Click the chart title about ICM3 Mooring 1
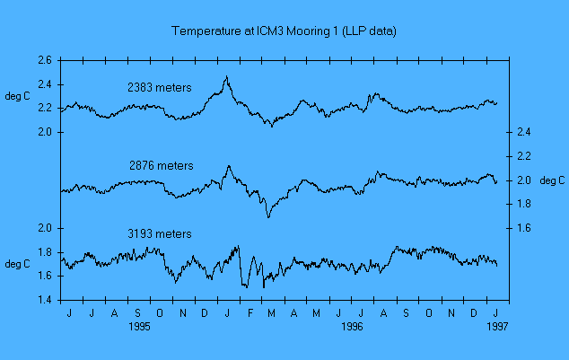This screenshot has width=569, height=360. point(284,31)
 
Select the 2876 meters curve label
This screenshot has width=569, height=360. point(161,165)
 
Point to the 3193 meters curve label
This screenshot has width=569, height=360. point(160,233)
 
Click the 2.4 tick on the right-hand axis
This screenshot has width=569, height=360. point(526,133)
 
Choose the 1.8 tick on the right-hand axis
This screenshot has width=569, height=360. point(526,204)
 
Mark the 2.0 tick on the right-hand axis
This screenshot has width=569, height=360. point(526,180)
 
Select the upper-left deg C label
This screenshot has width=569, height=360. point(19,96)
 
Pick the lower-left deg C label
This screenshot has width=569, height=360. point(19,264)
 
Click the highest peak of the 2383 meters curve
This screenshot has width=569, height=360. point(226,77)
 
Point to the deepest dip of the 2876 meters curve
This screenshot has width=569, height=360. point(267,217)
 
